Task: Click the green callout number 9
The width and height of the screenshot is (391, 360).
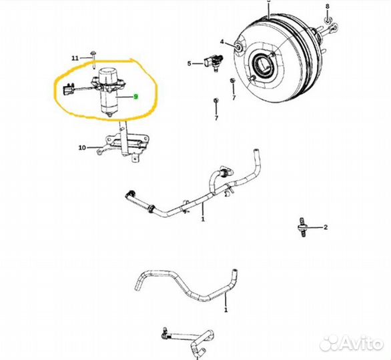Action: click(135, 97)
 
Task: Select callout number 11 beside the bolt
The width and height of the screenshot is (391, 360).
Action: click(75, 58)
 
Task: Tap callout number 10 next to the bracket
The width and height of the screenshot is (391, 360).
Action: click(82, 148)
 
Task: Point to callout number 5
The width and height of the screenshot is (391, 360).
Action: click(189, 63)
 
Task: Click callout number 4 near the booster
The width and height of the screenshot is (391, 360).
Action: click(222, 42)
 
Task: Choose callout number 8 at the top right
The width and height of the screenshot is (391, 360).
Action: click(328, 6)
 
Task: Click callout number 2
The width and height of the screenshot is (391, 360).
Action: click(326, 227)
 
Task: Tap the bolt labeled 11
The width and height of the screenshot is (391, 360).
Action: click(93, 59)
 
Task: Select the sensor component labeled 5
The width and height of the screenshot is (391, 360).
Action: click(214, 62)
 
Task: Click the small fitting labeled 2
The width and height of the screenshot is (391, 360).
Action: click(302, 227)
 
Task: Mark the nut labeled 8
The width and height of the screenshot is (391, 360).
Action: click(328, 19)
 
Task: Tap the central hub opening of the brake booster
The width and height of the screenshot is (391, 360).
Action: click(263, 64)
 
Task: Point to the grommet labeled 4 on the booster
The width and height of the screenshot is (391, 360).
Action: click(238, 47)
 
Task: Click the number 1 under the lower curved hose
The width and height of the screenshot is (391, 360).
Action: click(226, 310)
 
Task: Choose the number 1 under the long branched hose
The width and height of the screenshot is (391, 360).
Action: click(203, 219)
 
